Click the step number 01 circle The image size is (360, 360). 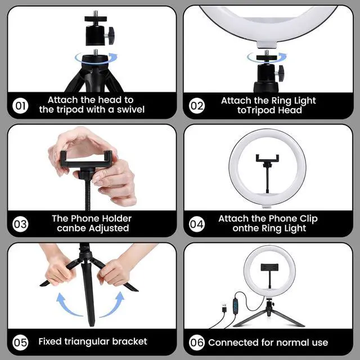point(20,106)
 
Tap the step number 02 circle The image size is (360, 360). point(197,106)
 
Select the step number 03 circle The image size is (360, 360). point(20,224)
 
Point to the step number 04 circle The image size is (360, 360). point(197,224)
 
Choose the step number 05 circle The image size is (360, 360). point(20,343)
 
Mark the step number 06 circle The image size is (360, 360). point(197,343)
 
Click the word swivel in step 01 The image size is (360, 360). point(130,110)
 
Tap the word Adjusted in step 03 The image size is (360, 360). point(109,228)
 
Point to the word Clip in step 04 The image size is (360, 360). point(309,219)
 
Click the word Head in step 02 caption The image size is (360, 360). point(290,110)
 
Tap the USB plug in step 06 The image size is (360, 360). point(224,308)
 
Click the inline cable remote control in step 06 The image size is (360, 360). point(235,305)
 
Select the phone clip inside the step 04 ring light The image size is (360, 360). point(268,174)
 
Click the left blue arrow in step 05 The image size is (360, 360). point(68,305)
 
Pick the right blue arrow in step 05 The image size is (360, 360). point(112,304)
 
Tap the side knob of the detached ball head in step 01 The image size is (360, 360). point(110,35)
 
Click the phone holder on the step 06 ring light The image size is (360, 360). point(269,267)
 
